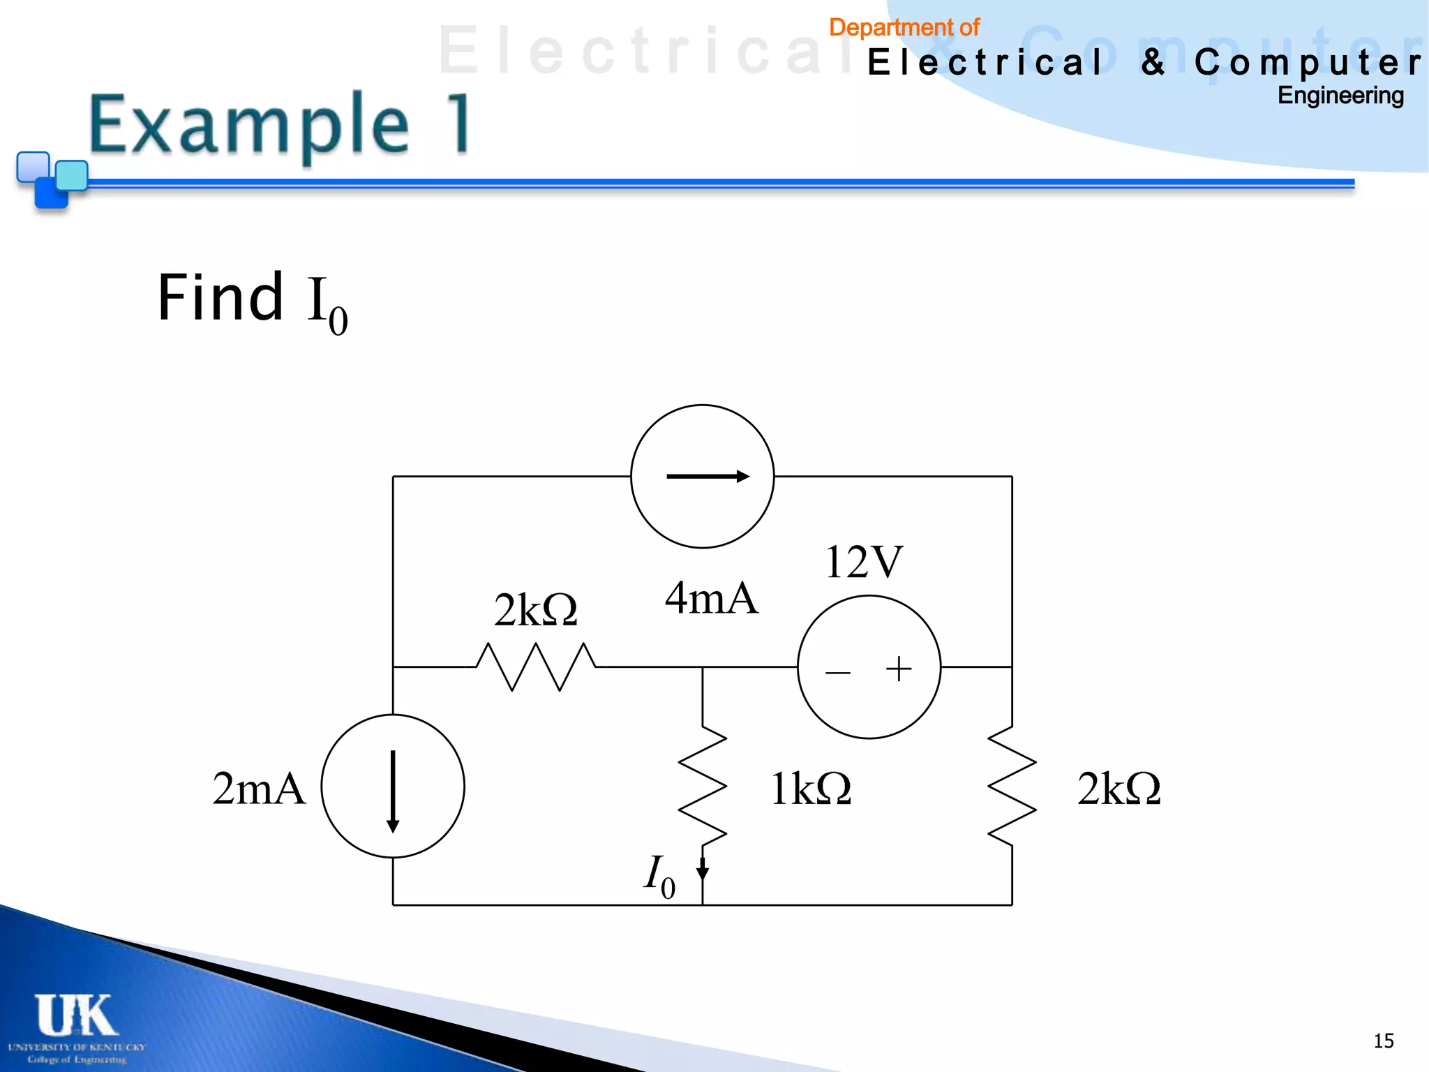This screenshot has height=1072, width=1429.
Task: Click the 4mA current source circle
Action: click(x=703, y=477)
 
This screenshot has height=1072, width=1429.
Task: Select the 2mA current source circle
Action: click(x=393, y=786)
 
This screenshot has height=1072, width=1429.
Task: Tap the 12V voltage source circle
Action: click(x=869, y=667)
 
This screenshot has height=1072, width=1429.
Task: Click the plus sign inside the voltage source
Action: click(x=899, y=669)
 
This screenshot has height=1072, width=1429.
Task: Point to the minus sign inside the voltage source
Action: click(x=838, y=673)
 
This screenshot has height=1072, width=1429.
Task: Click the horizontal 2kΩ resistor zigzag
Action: click(x=536, y=667)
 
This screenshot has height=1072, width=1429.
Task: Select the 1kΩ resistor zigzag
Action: click(x=703, y=786)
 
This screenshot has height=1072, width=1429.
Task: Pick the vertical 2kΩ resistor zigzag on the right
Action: click(x=1012, y=786)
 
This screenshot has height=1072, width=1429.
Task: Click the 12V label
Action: click(x=864, y=562)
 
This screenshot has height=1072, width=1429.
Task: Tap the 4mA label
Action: click(x=711, y=598)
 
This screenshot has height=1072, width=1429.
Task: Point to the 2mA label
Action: click(x=259, y=789)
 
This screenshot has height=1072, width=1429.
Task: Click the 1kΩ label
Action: click(x=811, y=789)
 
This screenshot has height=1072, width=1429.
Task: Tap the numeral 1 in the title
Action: click(x=460, y=124)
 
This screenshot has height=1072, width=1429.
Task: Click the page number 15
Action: click(x=1384, y=1041)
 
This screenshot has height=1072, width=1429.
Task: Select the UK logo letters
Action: click(x=75, y=1015)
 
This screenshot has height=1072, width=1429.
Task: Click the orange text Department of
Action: click(x=904, y=28)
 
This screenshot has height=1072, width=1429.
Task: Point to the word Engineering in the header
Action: click(x=1340, y=96)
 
